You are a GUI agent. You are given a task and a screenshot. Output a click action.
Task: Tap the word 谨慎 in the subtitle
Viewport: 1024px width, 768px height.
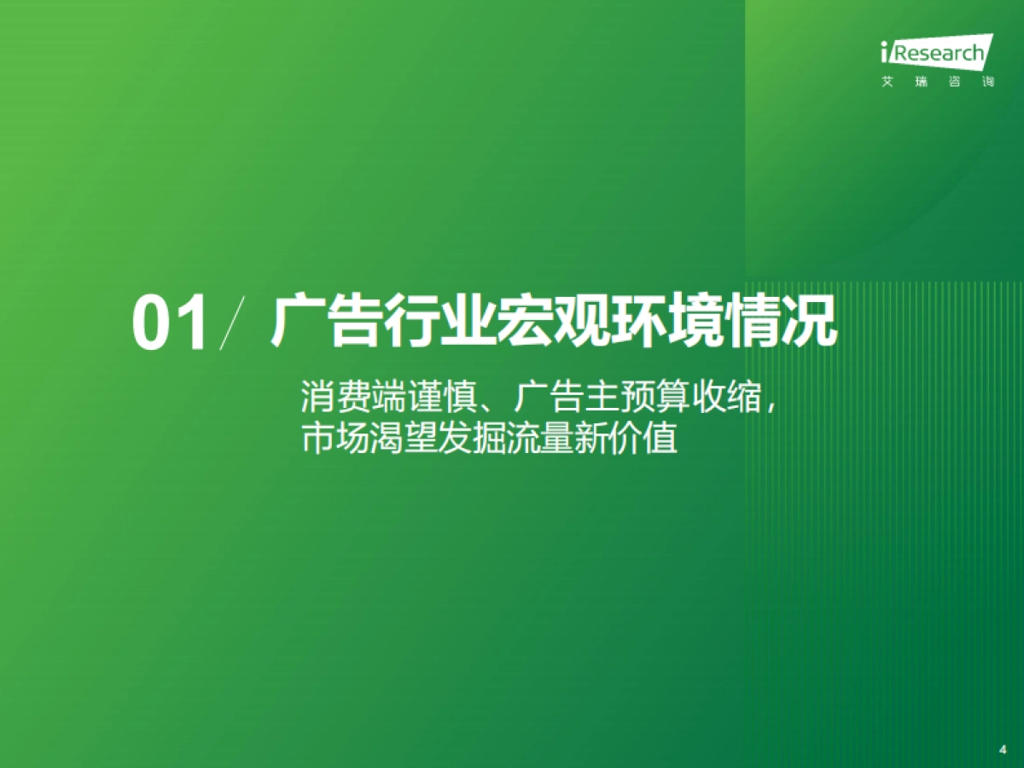427,398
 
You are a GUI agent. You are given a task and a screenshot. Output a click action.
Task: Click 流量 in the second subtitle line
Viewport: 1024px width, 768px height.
521,440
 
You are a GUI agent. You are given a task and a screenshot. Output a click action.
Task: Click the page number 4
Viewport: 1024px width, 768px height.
1003,748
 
